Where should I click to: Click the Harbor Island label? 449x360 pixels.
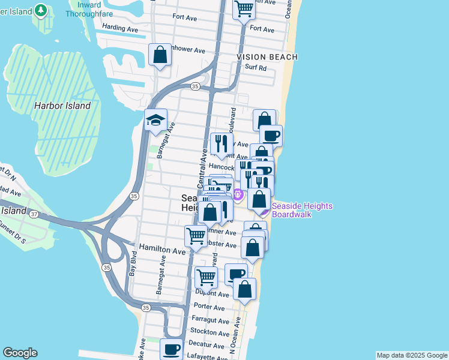62,106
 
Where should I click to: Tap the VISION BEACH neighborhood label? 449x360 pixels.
267,56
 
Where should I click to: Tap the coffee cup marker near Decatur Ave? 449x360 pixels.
172,349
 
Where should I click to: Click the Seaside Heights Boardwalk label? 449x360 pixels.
301,210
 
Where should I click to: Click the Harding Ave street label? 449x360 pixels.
120,28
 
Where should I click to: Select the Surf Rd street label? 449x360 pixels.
256,68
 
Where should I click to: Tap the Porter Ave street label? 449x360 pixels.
209,307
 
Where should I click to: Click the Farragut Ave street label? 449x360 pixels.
210,320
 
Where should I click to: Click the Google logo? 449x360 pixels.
20,353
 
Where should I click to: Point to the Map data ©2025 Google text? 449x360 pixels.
412,355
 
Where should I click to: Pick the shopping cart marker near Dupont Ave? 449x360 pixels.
206,277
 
